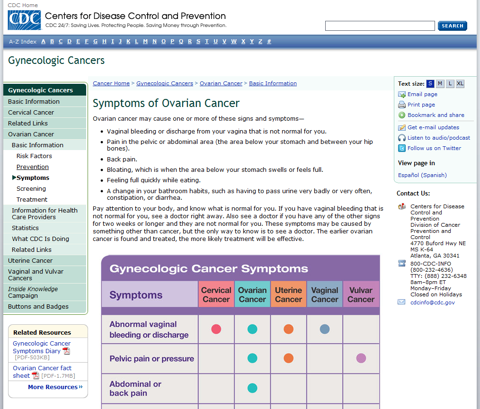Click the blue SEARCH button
452,26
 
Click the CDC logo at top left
24,20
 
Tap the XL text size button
460,84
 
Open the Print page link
421,105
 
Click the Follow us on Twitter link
434,148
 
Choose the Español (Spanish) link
422,175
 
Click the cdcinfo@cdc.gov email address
432,302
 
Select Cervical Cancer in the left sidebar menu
31,112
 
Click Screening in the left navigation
31,188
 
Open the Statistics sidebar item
26,228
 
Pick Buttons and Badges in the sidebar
38,306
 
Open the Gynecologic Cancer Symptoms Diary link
42,347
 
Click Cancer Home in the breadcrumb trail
111,83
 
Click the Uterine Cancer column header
288,294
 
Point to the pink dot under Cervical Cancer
216,329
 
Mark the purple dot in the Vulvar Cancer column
361,358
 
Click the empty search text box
380,26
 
